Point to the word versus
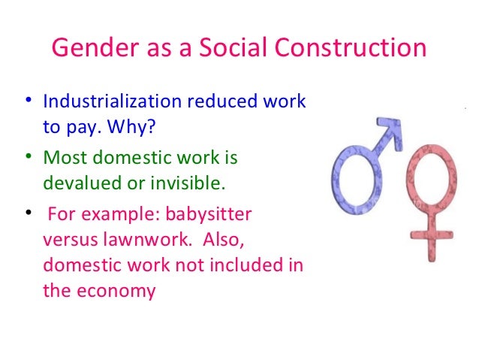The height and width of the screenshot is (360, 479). tap(67, 240)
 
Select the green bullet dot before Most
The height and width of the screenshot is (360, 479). tap(28, 158)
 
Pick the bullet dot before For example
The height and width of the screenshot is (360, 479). tap(28, 213)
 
